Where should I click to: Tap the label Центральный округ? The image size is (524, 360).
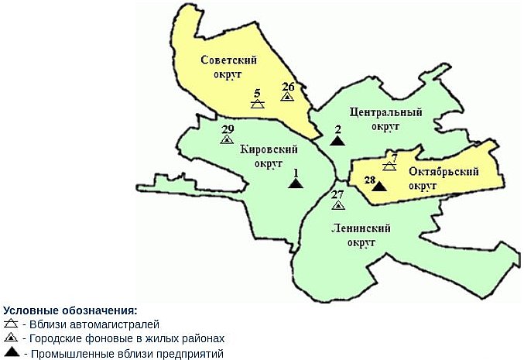point(385,118)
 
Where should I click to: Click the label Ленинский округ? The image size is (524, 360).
point(360,235)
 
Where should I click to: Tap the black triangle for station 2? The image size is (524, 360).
point(337,141)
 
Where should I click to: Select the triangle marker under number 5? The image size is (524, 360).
point(258,103)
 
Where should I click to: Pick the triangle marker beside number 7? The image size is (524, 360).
point(389,166)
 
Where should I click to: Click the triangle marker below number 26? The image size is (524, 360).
point(287,98)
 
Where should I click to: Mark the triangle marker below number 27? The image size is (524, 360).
point(337,206)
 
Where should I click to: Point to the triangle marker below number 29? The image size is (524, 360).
point(227,140)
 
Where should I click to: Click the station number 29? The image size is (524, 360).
point(227,129)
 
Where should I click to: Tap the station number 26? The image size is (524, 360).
point(288,86)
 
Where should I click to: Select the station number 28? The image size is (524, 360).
point(370,181)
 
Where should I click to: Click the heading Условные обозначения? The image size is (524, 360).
point(70,310)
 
